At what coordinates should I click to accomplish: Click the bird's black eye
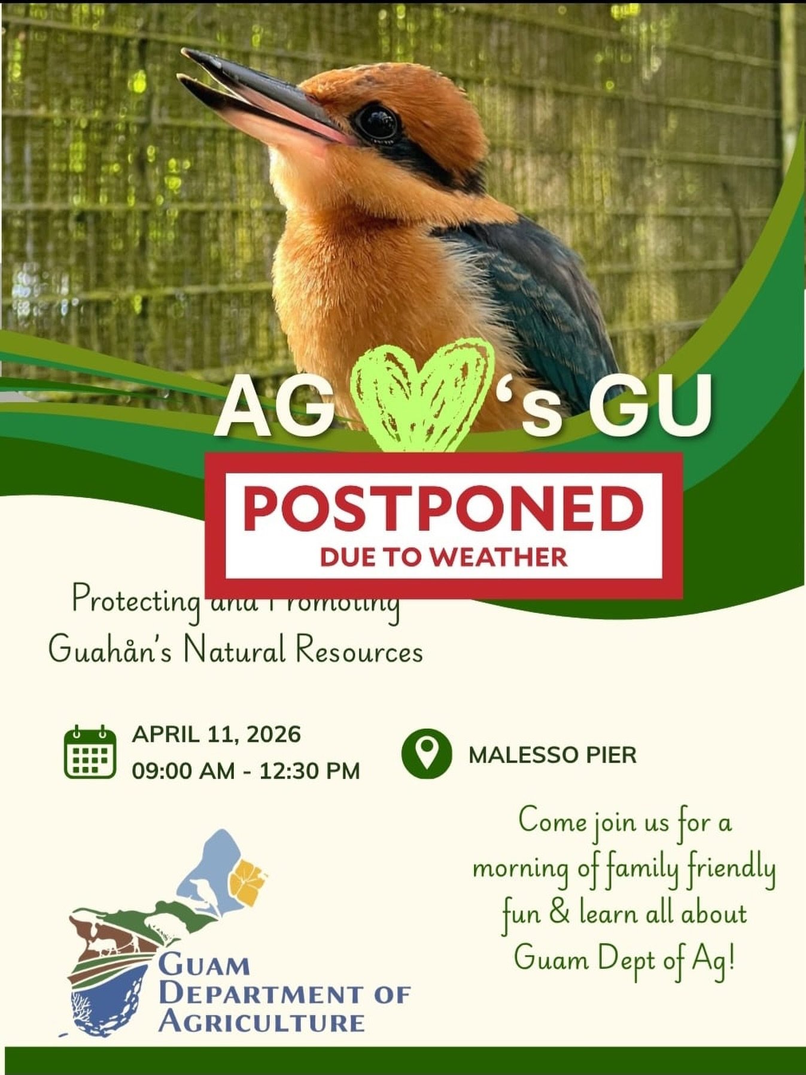pyautogui.click(x=377, y=122)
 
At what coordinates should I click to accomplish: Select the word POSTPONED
pyautogui.click(x=443, y=508)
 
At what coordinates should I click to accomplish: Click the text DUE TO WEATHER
pyautogui.click(x=443, y=557)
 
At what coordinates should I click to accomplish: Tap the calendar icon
pyautogui.click(x=90, y=752)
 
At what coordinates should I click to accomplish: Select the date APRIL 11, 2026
pyautogui.click(x=216, y=734)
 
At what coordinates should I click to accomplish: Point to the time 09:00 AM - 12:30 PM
pyautogui.click(x=246, y=771)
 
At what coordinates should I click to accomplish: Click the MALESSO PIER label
pyautogui.click(x=552, y=755)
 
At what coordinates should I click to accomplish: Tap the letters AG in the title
pyautogui.click(x=273, y=409)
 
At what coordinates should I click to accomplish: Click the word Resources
pyautogui.click(x=359, y=651)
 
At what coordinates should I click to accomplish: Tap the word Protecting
pyautogui.click(x=136, y=600)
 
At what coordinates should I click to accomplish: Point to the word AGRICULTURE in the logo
pyautogui.click(x=262, y=1022)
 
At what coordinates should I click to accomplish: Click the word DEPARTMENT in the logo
pyautogui.click(x=261, y=994)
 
